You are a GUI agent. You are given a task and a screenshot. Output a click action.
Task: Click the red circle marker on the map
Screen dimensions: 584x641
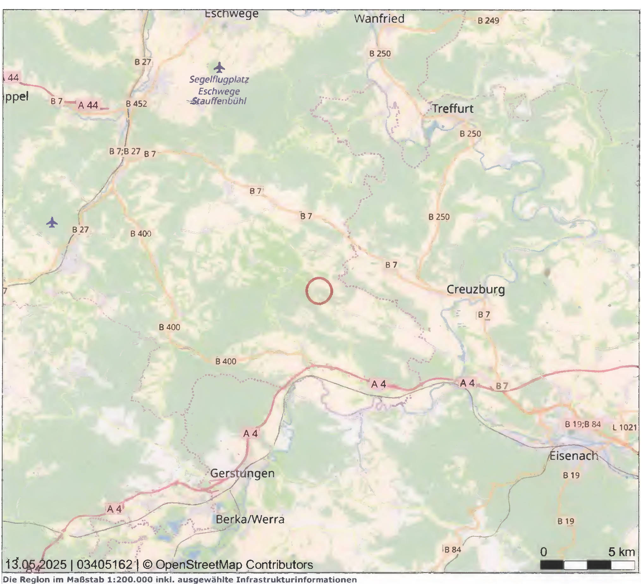319,290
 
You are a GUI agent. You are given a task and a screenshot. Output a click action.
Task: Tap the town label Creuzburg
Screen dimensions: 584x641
476,289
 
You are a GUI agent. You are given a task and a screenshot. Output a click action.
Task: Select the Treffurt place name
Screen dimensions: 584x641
452,109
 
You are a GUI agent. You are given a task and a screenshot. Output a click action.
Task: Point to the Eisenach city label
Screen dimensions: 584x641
574,456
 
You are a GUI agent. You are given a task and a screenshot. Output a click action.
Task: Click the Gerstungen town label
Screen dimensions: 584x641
242,473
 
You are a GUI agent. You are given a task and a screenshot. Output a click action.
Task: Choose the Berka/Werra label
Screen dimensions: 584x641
250,520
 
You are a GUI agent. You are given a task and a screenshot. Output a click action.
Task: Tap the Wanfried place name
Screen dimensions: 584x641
379,18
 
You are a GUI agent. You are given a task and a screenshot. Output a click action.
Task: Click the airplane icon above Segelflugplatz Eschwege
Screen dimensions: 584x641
219,67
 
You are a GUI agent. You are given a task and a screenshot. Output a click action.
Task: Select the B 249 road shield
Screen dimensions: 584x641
488,21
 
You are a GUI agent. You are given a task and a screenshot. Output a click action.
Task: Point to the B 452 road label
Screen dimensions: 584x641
137,104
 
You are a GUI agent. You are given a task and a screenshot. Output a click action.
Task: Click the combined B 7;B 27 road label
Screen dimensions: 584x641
125,151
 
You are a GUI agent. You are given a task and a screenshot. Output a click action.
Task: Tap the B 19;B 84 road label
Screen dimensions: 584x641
583,424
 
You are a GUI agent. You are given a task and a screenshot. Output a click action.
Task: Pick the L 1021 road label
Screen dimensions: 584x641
625,428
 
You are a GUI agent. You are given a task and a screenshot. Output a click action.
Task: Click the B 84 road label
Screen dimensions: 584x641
452,550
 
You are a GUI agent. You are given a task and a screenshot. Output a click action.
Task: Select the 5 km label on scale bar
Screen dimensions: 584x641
622,552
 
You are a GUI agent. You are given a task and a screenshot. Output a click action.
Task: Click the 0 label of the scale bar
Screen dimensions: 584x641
544,552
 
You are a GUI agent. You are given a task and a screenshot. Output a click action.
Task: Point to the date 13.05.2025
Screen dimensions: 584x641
36,565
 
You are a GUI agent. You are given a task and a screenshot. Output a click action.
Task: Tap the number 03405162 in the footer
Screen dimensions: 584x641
105,565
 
